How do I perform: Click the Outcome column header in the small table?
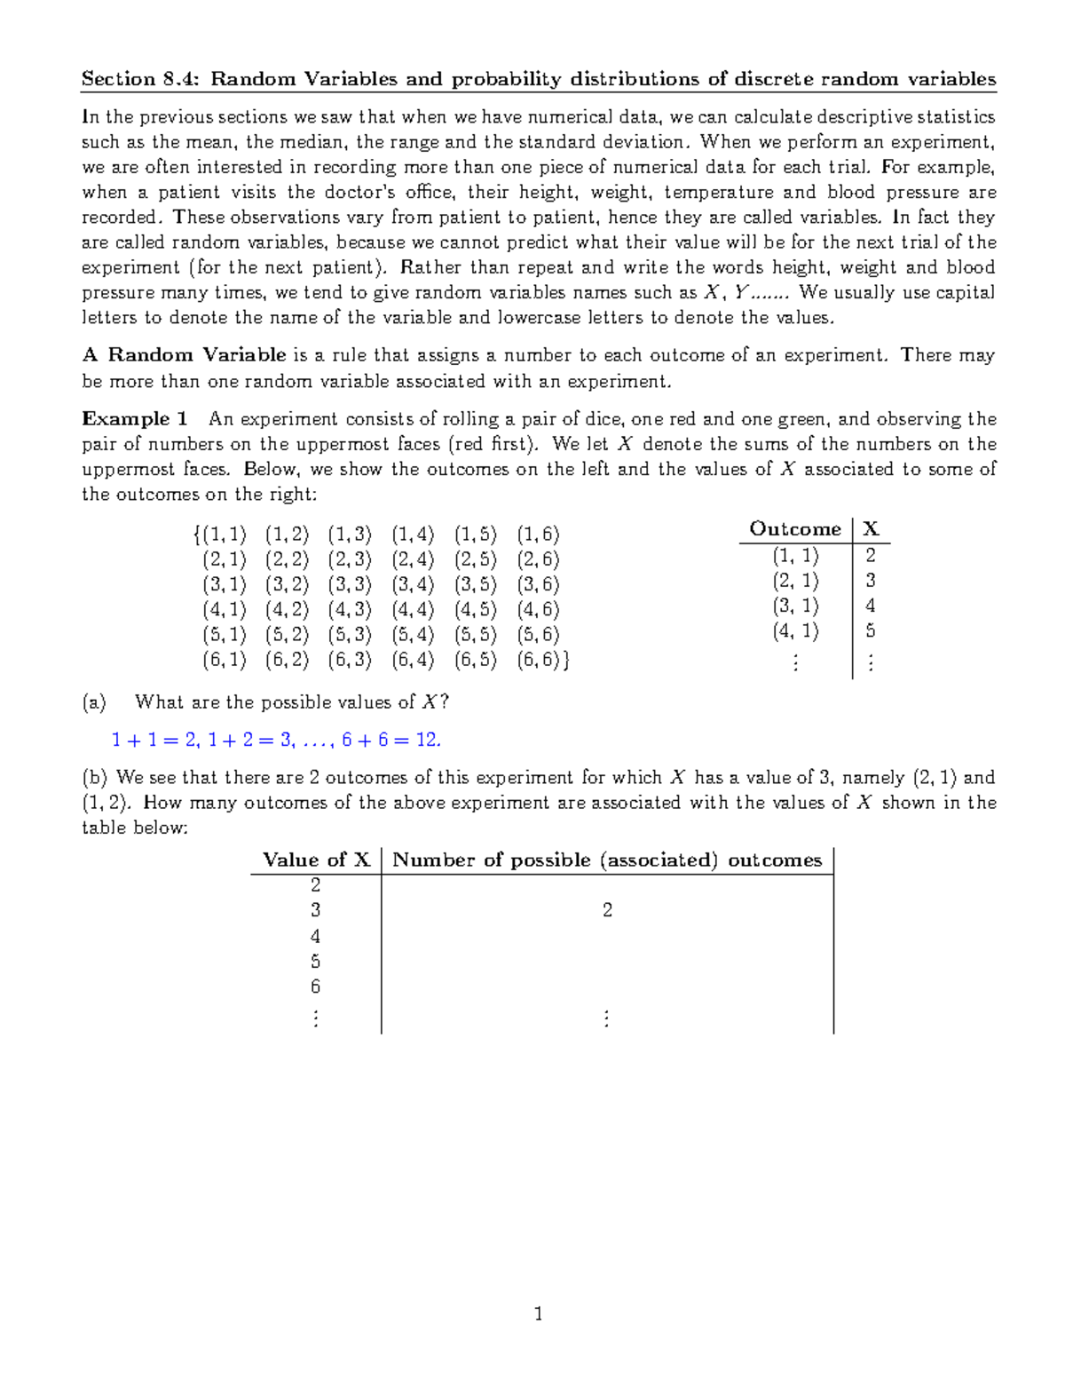794,529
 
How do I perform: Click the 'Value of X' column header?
316,860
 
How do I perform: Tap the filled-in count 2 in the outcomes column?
607,910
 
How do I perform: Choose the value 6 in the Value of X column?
315,987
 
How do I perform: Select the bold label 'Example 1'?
135,419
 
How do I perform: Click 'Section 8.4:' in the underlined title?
142,79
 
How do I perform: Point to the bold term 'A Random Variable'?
184,355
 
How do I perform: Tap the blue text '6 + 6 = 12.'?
390,740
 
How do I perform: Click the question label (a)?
93,702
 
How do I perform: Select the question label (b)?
94,778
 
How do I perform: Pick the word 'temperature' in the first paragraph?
718,193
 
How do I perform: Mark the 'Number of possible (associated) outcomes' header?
607,860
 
